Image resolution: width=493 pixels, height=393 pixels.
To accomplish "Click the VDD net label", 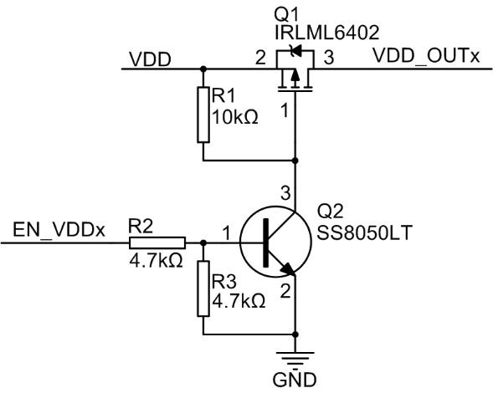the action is (x=151, y=59).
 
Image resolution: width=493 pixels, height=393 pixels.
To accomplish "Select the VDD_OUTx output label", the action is (x=426, y=57).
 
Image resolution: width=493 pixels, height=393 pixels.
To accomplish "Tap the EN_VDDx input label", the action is (x=59, y=230).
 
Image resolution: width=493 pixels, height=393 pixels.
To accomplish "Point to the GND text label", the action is (x=295, y=380).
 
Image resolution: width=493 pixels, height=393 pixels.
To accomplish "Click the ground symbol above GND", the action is (x=295, y=358).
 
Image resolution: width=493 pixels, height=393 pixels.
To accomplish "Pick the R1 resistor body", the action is (x=203, y=115).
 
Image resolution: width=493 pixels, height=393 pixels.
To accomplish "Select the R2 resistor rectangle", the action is (x=157, y=242).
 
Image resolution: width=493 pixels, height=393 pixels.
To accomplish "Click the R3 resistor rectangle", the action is (x=203, y=288).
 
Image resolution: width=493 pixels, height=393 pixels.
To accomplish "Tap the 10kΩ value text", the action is (x=235, y=118).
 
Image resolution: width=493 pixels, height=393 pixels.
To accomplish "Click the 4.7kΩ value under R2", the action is (x=156, y=260).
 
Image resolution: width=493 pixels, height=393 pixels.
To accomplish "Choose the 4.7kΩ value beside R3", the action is (x=239, y=301).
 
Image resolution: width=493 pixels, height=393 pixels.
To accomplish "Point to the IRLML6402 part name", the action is (x=327, y=33).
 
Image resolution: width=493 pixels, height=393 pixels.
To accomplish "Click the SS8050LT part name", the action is (x=364, y=232).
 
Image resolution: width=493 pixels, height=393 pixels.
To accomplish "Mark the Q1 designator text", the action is (x=285, y=14).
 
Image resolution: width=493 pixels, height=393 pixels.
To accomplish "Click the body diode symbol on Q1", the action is (x=295, y=50).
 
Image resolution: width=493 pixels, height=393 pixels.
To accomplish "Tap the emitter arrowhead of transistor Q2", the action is (x=288, y=268).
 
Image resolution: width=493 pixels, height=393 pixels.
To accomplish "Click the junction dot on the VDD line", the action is (x=203, y=69).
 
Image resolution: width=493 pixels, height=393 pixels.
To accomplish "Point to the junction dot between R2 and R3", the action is (x=203, y=242).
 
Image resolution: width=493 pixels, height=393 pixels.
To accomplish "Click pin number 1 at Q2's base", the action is (x=226, y=233).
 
